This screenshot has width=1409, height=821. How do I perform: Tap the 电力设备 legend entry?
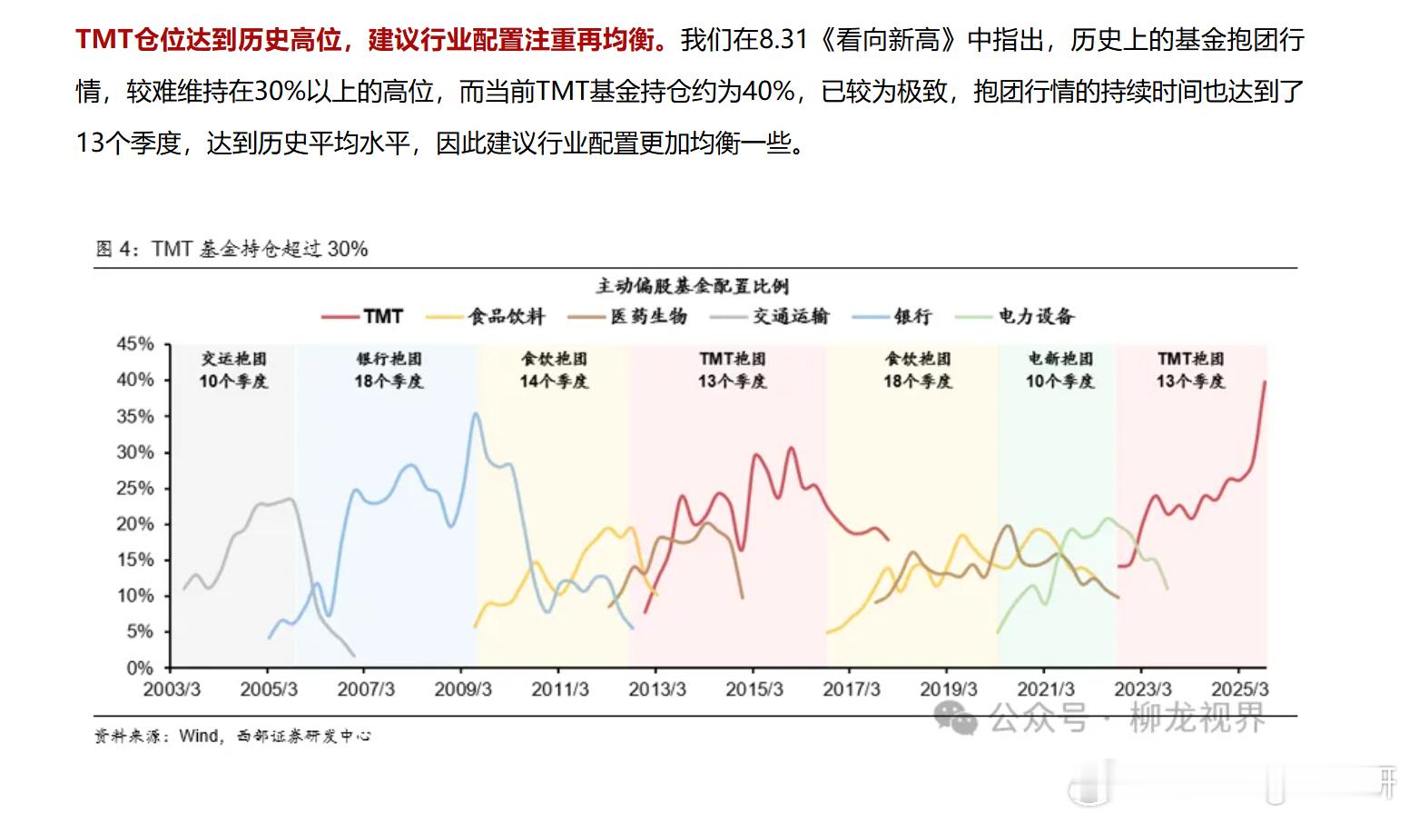click(1036, 316)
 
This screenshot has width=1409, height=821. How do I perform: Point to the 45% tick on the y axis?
click(135, 344)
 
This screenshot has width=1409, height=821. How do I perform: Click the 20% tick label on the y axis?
click(135, 524)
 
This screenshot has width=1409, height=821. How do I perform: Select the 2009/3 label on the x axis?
click(463, 689)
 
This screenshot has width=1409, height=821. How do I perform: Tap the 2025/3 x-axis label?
click(1239, 689)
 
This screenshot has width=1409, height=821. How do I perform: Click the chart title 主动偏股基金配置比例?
click(692, 286)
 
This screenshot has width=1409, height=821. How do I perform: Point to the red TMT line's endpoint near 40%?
click(1265, 382)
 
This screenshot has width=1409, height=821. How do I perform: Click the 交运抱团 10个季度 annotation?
click(233, 370)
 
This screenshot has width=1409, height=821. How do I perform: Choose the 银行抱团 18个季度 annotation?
click(389, 370)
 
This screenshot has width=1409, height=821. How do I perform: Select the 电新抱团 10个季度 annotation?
click(1059, 370)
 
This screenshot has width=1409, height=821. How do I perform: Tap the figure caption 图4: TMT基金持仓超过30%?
click(232, 249)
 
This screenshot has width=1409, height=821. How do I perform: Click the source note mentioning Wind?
click(232, 736)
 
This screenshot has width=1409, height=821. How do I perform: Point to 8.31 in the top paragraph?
click(783, 40)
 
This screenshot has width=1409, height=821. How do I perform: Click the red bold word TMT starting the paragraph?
click(103, 40)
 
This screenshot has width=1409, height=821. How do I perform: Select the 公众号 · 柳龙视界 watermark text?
click(1126, 717)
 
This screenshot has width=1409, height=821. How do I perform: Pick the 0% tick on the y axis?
click(140, 668)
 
